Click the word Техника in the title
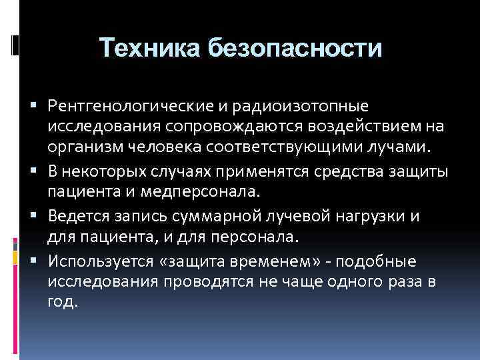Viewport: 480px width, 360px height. point(149,48)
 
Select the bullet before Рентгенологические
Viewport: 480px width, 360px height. point(38,107)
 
